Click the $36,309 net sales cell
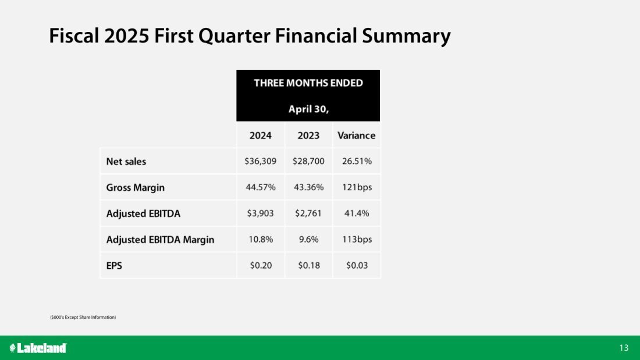[x=261, y=161]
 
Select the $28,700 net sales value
[x=308, y=161]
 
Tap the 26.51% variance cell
[x=357, y=161]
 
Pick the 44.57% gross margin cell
[x=261, y=187]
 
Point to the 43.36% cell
[x=308, y=187]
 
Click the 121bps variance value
[x=357, y=187]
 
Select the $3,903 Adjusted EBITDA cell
[x=261, y=213]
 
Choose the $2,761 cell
[x=308, y=213]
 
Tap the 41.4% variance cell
[x=357, y=213]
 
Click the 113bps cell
[x=357, y=239]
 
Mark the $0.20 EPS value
[x=261, y=265]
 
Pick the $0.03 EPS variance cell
[x=357, y=265]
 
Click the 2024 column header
[x=261, y=136]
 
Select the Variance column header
[x=356, y=136]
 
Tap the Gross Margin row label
[x=136, y=188]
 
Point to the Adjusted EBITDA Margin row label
[x=160, y=240]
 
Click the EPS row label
[x=114, y=266]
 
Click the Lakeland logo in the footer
[x=38, y=348]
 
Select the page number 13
[x=624, y=348]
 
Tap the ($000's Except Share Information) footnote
[x=83, y=317]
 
